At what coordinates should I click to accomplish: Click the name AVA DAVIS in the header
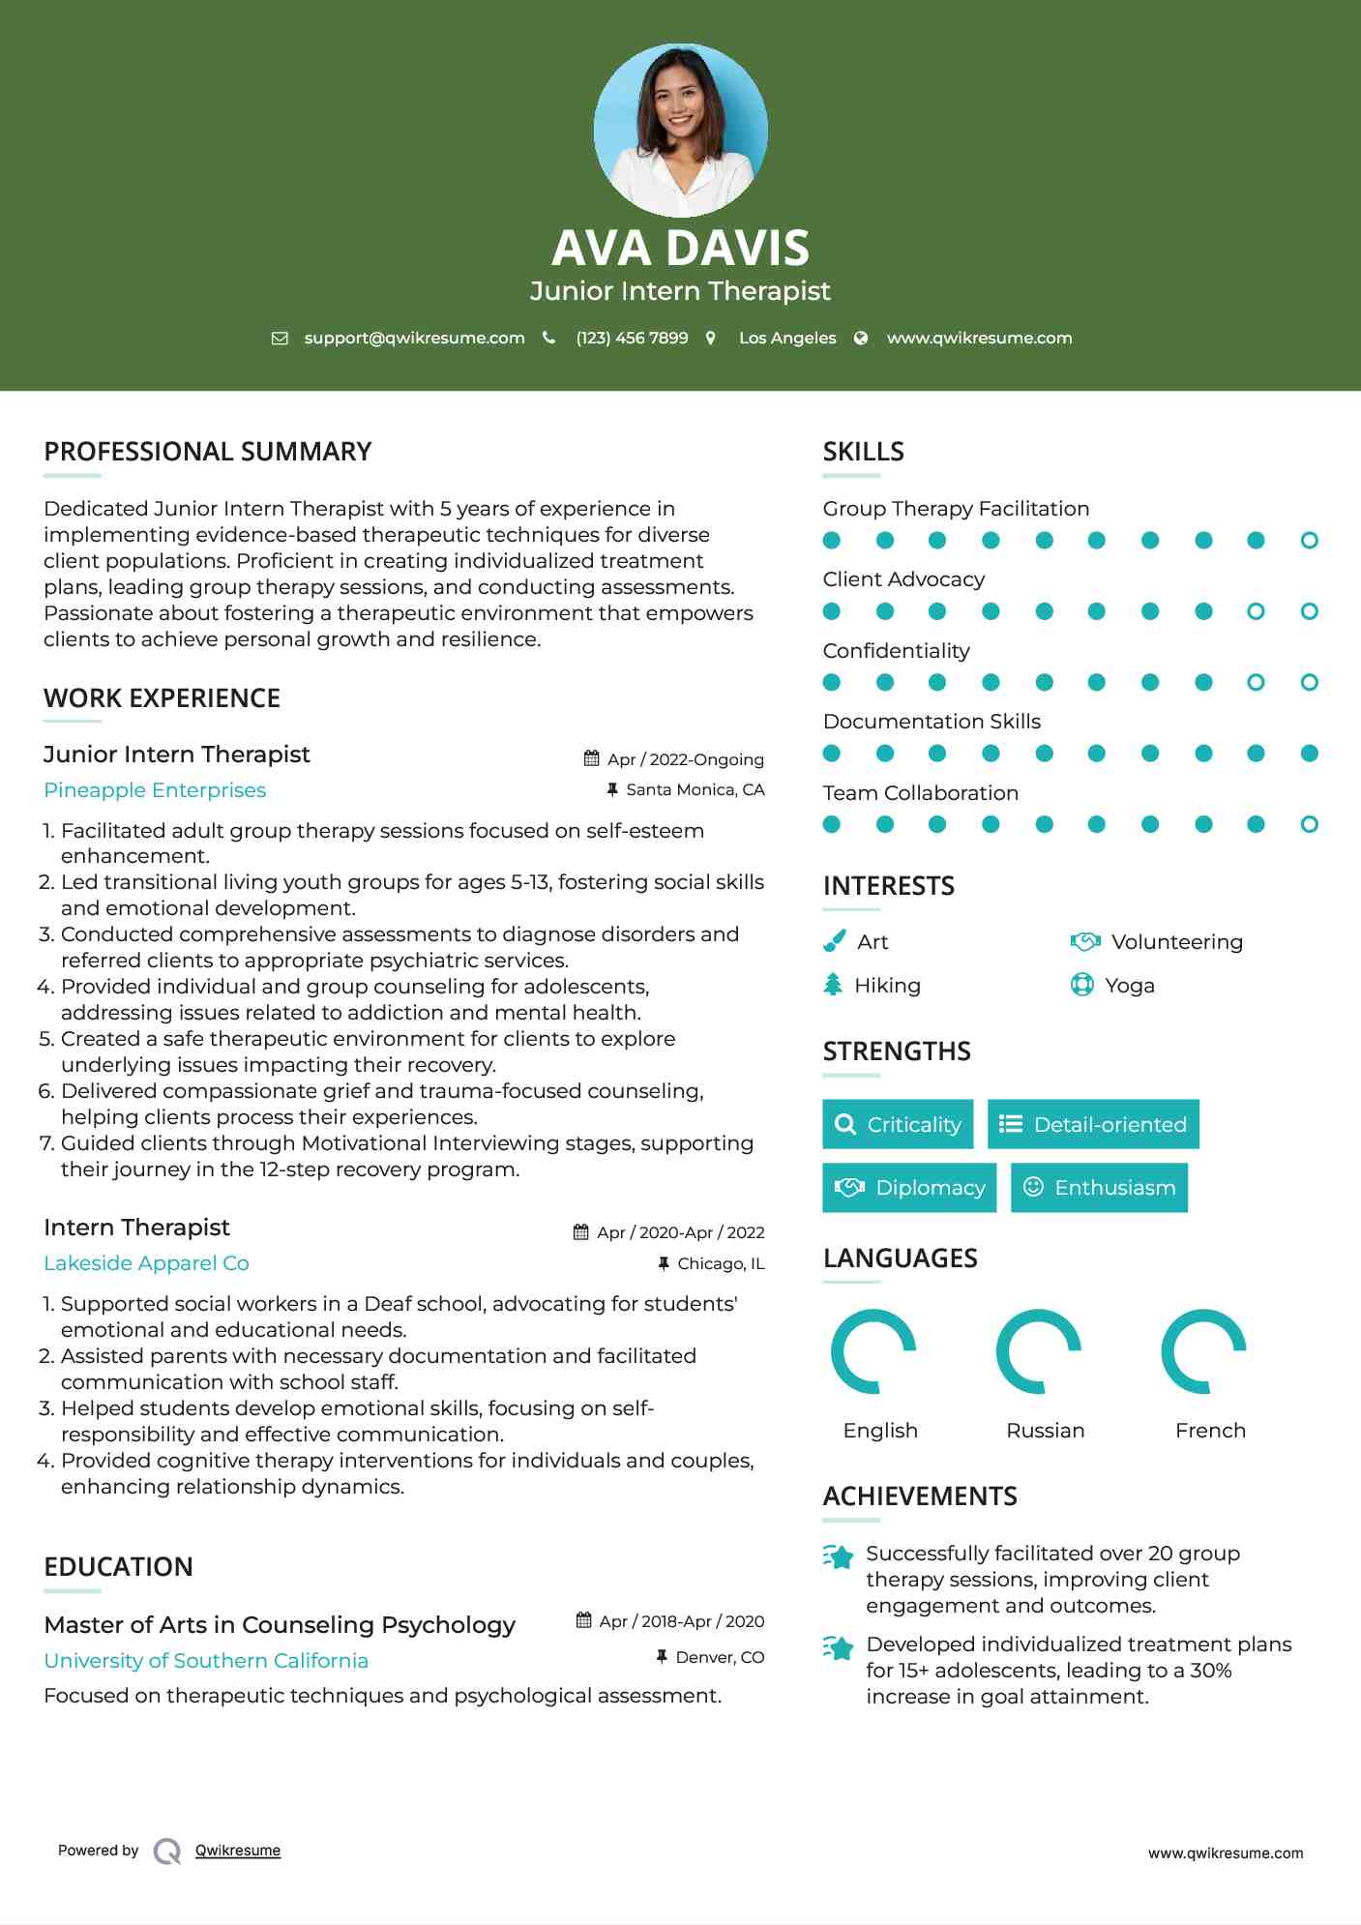click(680, 248)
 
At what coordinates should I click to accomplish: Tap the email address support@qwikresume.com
click(414, 338)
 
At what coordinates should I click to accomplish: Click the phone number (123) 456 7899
click(632, 338)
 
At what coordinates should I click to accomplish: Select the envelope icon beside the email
click(280, 338)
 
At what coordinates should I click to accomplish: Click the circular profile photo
click(680, 130)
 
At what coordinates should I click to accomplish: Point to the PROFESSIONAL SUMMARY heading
click(208, 452)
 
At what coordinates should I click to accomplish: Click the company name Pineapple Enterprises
click(155, 790)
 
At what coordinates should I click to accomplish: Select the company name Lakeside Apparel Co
click(146, 1263)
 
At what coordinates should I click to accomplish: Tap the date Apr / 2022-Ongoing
click(685, 759)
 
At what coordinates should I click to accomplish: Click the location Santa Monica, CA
click(695, 789)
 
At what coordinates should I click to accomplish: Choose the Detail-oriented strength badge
click(1093, 1124)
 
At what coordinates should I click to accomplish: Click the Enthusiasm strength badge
click(1099, 1187)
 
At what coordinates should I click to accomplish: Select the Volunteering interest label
click(1176, 941)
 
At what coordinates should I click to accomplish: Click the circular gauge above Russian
click(1039, 1350)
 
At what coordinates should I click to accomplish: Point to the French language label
click(1210, 1430)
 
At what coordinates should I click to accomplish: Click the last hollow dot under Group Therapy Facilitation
click(1309, 540)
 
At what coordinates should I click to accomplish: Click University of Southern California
click(206, 1660)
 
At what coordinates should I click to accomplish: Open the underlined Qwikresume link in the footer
click(238, 1851)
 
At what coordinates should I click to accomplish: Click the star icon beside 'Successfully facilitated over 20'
click(839, 1556)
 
